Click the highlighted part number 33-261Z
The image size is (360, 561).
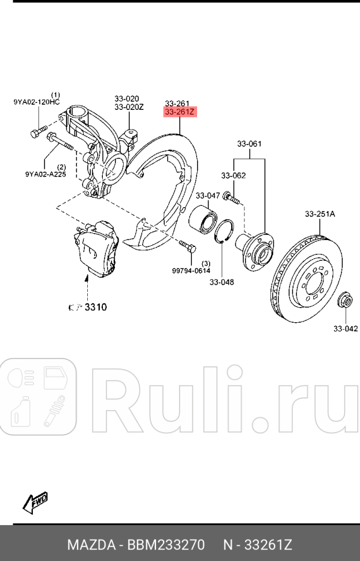(180, 112)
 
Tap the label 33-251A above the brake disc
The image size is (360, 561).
(320, 214)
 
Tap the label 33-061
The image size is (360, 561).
(250, 143)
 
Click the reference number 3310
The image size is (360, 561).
(96, 307)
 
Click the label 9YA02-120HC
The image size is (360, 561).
(36, 102)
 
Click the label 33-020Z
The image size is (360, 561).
(128, 107)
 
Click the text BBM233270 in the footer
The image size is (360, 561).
(166, 545)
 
